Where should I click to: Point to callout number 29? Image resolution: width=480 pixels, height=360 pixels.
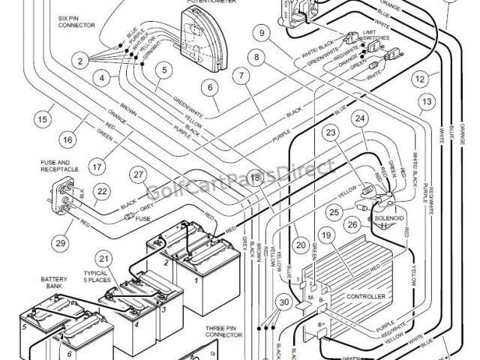click(60, 241)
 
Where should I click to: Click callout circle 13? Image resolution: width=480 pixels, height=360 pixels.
click(427, 102)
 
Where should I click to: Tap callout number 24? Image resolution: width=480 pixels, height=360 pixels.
click(361, 118)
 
